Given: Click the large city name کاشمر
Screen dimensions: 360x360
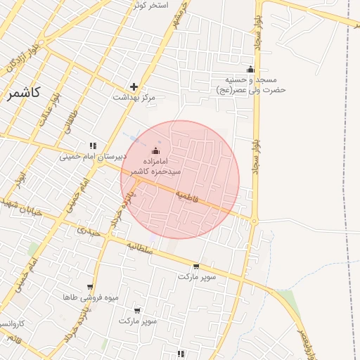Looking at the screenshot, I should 22,94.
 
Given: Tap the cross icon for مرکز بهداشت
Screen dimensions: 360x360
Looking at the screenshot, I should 134,86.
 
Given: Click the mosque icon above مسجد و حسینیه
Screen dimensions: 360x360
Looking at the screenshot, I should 250,69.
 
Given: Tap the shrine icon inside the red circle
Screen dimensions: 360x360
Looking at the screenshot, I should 155,150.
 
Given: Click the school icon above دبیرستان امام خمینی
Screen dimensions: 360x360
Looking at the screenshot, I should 92,146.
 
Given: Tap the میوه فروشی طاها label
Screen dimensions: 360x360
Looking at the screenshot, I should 90,297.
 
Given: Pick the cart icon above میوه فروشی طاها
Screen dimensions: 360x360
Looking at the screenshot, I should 90,286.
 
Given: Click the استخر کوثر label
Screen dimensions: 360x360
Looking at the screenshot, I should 149,5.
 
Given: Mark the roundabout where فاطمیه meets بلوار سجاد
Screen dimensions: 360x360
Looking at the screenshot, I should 254,221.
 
